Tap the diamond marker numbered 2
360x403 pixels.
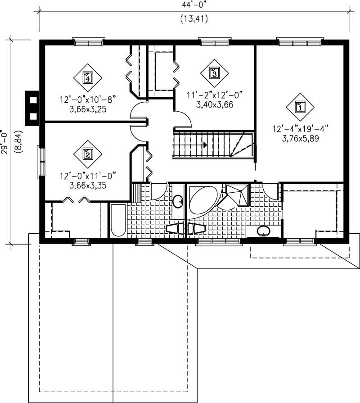[x=88, y=154]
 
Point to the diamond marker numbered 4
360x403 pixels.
[x=88, y=77]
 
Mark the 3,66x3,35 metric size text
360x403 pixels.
[x=88, y=185]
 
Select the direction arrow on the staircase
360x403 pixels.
[x=205, y=145]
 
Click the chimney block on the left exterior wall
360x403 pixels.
[x=32, y=107]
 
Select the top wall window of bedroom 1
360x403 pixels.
[x=299, y=43]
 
